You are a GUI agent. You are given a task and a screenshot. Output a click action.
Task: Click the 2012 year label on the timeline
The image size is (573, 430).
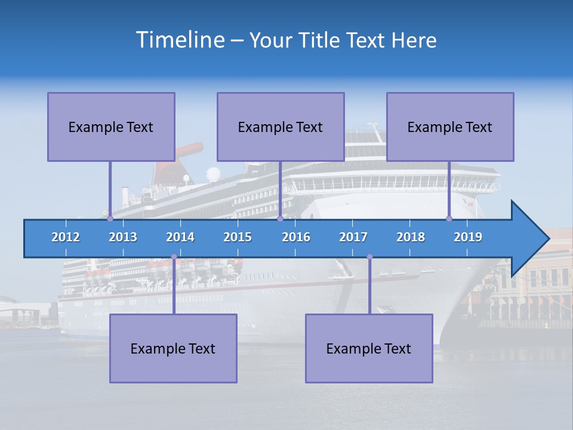[x=66, y=237]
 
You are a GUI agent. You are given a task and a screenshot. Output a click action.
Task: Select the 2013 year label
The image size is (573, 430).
[x=123, y=237]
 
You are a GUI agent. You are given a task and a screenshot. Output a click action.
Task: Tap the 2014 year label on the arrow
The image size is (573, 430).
[x=180, y=237]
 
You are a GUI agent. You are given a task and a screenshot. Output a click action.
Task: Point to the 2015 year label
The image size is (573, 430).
[x=238, y=237]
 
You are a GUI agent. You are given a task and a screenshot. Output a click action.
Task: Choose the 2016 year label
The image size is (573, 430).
[x=296, y=237]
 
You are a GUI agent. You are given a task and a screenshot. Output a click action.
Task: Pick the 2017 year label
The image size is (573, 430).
[x=353, y=237]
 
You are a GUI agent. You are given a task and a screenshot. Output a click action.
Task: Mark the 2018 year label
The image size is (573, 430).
[x=411, y=237]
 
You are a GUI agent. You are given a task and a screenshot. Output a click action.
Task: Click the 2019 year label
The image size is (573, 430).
[x=468, y=237]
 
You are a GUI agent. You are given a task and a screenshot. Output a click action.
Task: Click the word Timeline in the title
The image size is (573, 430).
[x=179, y=40]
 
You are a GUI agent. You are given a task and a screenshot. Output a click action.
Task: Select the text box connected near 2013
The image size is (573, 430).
[x=111, y=127]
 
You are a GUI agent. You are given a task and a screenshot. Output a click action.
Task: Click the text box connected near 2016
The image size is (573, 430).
[x=281, y=127]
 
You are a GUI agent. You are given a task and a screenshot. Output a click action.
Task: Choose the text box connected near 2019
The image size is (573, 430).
[x=450, y=127]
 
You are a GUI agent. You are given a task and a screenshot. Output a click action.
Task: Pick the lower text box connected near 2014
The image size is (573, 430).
[x=173, y=348]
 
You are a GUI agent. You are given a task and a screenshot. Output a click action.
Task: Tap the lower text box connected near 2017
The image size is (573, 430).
[x=369, y=348]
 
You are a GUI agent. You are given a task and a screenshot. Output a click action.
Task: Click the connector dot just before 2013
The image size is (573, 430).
[x=110, y=219]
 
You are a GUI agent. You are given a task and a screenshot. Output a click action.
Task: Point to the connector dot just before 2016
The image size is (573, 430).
[x=280, y=219]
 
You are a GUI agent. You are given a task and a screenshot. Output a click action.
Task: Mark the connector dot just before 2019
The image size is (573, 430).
[x=449, y=219]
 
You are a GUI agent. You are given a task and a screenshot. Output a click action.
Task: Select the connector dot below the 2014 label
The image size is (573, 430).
[x=174, y=257]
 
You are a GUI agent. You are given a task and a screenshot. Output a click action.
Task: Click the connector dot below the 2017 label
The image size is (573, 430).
[x=369, y=257]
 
